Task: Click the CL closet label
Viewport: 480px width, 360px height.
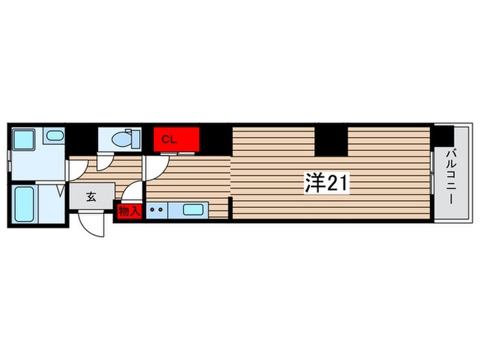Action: click(169, 140)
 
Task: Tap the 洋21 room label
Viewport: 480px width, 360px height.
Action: click(326, 183)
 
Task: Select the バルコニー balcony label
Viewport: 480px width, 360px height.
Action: click(451, 177)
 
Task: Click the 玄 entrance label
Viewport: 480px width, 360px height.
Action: click(91, 196)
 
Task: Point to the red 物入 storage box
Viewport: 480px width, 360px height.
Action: click(130, 211)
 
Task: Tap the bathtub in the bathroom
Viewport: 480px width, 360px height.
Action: click(24, 204)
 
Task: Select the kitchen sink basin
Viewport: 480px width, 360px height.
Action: click(193, 210)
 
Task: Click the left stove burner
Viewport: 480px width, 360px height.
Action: click(152, 210)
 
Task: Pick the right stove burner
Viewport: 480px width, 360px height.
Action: click(160, 210)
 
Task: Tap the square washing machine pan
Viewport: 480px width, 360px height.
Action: click(23, 140)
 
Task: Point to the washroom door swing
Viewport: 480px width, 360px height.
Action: click(77, 171)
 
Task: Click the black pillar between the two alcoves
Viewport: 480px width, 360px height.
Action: click(331, 141)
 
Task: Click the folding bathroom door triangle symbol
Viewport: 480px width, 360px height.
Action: click(61, 191)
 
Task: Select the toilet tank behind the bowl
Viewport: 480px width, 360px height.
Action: click(136, 140)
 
